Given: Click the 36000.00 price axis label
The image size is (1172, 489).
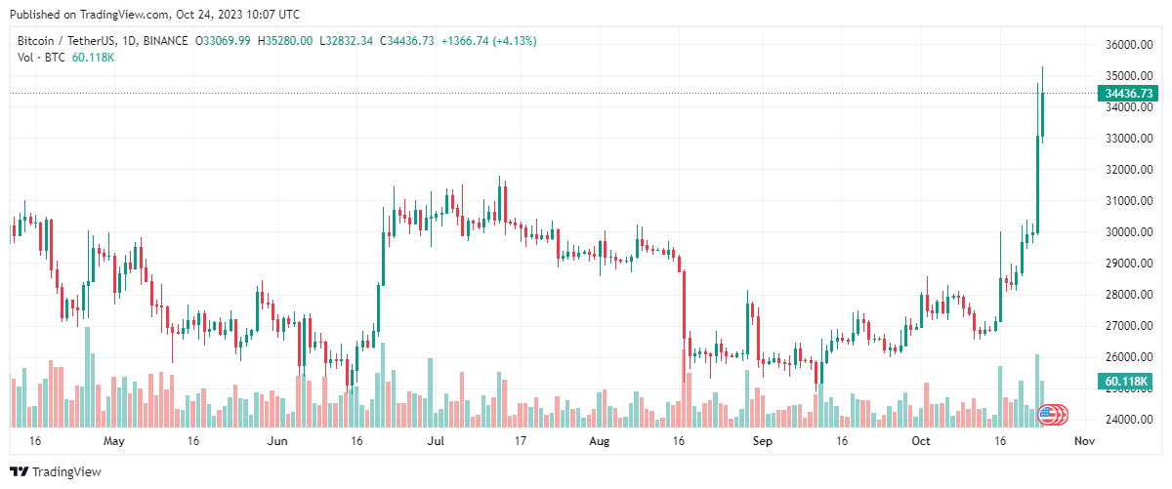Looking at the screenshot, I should coord(1125,45).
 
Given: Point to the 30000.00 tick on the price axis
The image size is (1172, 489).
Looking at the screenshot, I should coord(1125,232).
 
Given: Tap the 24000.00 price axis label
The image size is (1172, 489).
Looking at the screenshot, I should coord(1125,420).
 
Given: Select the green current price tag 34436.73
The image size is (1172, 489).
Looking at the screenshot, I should coord(1128,94).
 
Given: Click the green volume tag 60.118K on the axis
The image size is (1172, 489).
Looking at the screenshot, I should coord(1126,381).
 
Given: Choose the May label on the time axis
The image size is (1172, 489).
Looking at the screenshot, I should coord(114,441).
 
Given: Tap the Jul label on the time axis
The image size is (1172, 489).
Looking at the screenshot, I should coord(436,441).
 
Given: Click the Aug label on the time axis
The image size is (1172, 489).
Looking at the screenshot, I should coord(600,441).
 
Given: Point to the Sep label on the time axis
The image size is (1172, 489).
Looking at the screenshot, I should coord(763,441).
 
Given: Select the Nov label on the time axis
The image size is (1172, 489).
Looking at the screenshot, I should coord(1082,441).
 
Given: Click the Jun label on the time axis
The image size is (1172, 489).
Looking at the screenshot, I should coord(277,441).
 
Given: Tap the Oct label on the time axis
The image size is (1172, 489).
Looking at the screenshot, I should coord(921,441).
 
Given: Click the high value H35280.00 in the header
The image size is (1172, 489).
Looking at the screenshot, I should coord(285,41).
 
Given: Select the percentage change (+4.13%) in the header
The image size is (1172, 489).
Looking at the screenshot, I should coord(515,41).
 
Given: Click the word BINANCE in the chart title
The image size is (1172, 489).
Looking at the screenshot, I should coord(166,41).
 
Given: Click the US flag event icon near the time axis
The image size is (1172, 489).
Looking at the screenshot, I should coord(1048,415).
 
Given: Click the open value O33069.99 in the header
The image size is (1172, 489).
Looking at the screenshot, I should coord(224,41).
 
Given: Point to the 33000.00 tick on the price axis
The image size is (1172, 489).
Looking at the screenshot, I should coord(1125,139).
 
